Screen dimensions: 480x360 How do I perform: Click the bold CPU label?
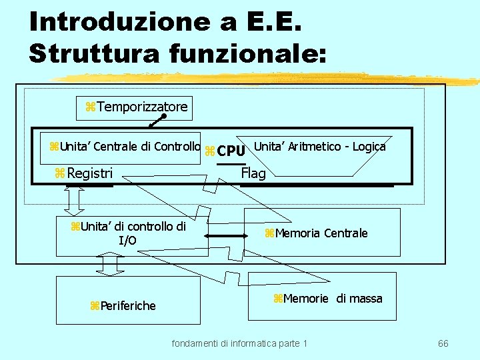click(x=231, y=150)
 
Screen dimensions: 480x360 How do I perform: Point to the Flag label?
click(x=253, y=173)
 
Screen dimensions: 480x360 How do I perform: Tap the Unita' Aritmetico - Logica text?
click(x=320, y=146)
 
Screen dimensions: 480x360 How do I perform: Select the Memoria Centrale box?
click(x=323, y=233)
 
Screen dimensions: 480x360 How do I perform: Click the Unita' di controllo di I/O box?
click(x=131, y=233)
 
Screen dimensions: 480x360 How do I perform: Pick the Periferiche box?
click(x=128, y=305)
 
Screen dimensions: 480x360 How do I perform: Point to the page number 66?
click(x=443, y=343)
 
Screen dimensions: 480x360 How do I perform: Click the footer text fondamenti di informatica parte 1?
click(x=240, y=343)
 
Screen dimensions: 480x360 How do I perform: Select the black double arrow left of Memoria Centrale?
click(x=225, y=235)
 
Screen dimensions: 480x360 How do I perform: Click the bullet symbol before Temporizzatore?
click(x=91, y=107)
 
